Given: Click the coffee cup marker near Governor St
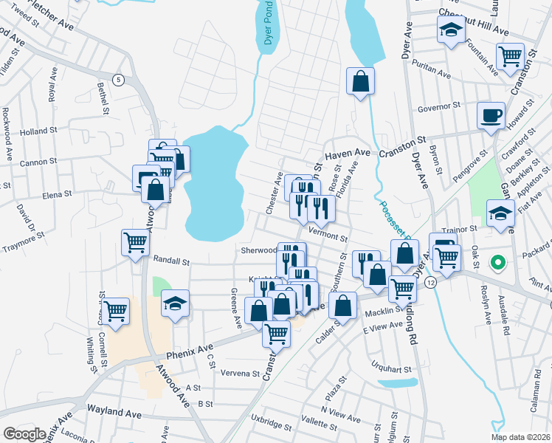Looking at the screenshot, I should [491, 117].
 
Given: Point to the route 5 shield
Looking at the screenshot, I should [118, 79].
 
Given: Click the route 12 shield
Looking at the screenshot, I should [431, 283].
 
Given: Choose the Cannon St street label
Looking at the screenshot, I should [38, 162].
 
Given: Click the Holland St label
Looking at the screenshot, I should [39, 131].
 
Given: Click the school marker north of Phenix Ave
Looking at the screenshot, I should [176, 303].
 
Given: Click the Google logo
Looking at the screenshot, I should [24, 434].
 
